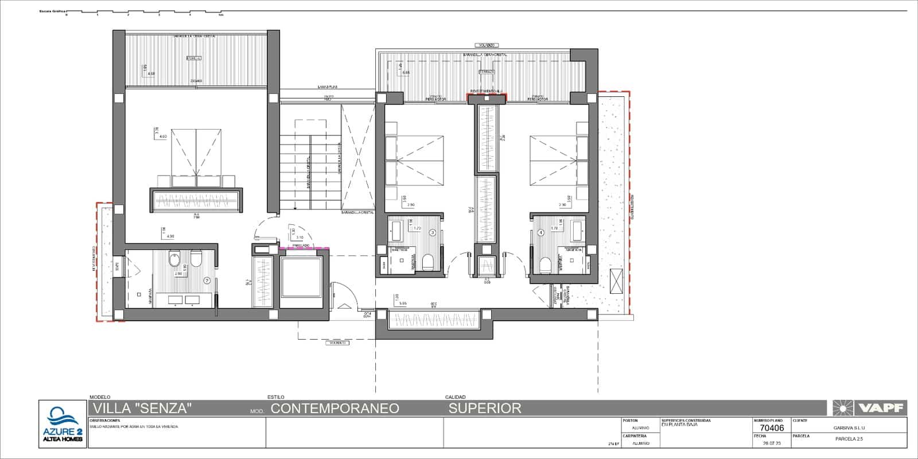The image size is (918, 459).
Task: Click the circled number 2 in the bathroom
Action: [207, 281]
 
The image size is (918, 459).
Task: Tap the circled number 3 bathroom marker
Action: [433, 232]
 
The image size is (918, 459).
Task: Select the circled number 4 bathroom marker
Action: [540, 233]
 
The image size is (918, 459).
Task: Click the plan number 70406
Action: [772, 427]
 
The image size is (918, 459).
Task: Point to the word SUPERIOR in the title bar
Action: [485, 408]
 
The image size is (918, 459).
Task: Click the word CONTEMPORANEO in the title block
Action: [334, 408]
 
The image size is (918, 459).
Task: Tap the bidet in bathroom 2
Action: [195, 261]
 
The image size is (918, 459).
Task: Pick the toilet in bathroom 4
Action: [546, 264]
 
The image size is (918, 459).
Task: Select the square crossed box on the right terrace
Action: [616, 281]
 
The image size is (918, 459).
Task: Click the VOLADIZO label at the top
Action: [486, 45]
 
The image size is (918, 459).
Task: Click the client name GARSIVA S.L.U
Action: [849, 427]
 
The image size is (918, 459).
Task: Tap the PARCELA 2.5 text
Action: [849, 439]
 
